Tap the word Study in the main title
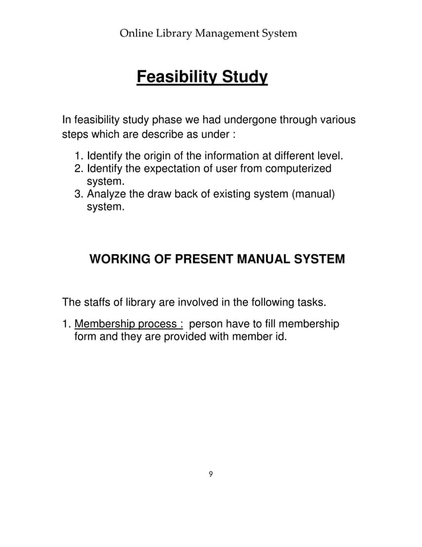point(243,79)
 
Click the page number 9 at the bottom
point(210,473)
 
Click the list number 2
point(77,170)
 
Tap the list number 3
point(77,195)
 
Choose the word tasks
point(310,303)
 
